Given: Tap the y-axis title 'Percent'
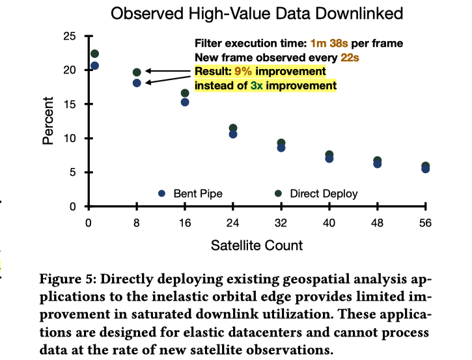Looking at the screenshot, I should coord(48,121).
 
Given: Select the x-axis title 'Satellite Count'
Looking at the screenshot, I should coord(257,245).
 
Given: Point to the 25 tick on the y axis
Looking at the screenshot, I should coord(70,36).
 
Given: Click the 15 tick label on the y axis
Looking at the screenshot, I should coord(70,104).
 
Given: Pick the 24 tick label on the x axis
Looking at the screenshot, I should coord(232,223).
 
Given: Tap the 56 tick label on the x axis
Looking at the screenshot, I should coord(425,223).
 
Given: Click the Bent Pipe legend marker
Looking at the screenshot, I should coord(161,193).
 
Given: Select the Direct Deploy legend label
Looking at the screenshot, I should coord(324,193).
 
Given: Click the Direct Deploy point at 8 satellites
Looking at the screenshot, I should coord(137,72).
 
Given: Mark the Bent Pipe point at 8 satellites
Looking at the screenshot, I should coord(137,83).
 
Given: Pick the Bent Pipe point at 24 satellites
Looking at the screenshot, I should coord(233,134).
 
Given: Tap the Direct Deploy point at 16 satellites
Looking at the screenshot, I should coord(185,93).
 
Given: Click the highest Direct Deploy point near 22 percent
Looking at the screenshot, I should coord(94,53).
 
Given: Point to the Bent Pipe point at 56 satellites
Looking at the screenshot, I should coord(425,169).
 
